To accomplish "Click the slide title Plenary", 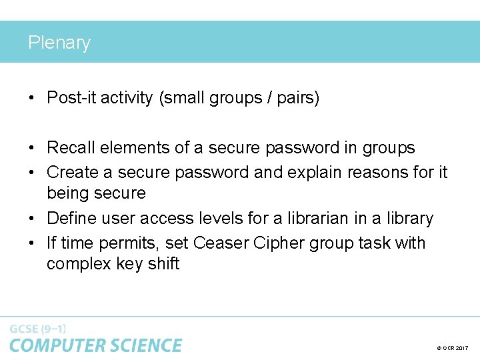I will [59, 43].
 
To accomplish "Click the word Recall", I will [71, 148].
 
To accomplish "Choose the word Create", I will [73, 173].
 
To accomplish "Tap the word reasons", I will [377, 173].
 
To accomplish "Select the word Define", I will [72, 219].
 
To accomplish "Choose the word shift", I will [164, 264].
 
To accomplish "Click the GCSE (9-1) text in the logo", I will [38, 329].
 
